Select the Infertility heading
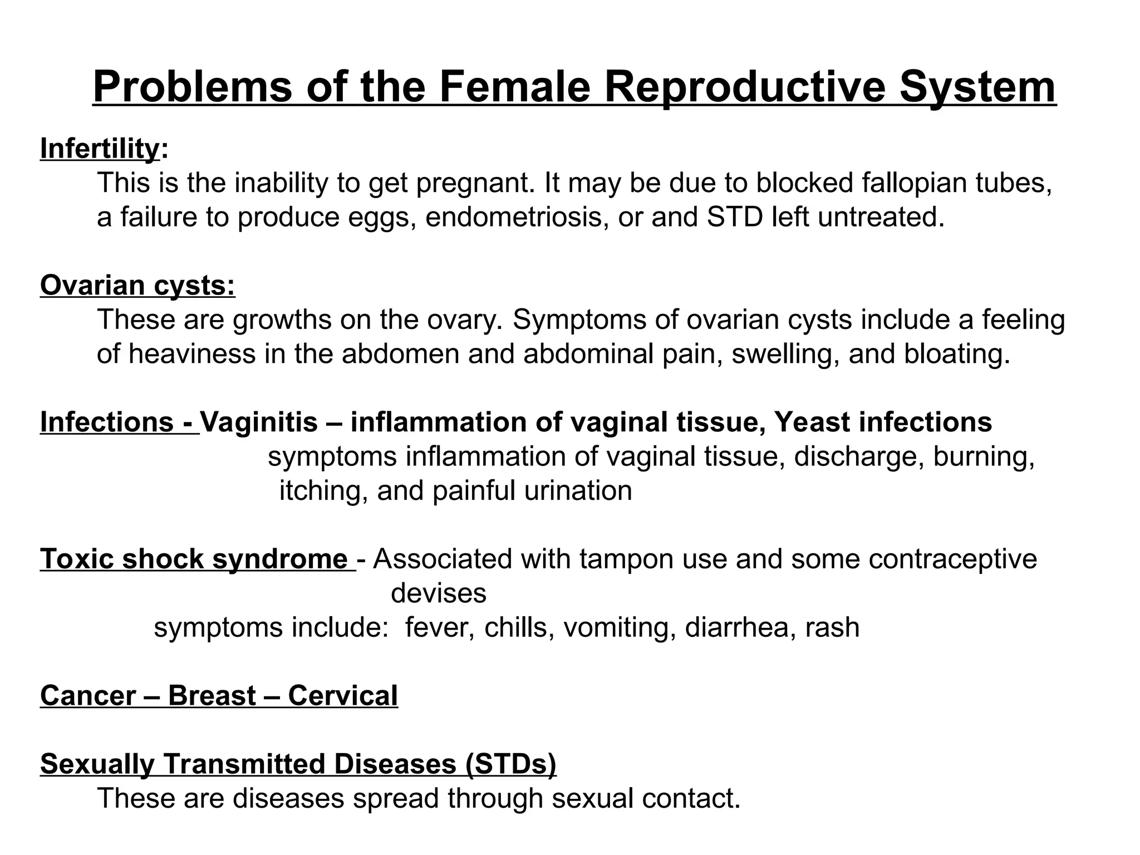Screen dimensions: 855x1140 [100, 149]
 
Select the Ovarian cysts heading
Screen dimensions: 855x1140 [137, 286]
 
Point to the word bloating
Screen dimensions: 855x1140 [957, 354]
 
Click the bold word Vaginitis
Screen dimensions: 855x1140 [259, 422]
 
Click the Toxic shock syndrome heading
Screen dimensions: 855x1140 [194, 559]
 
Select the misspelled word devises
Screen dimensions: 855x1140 [439, 593]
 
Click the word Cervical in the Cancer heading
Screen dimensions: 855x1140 [343, 696]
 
